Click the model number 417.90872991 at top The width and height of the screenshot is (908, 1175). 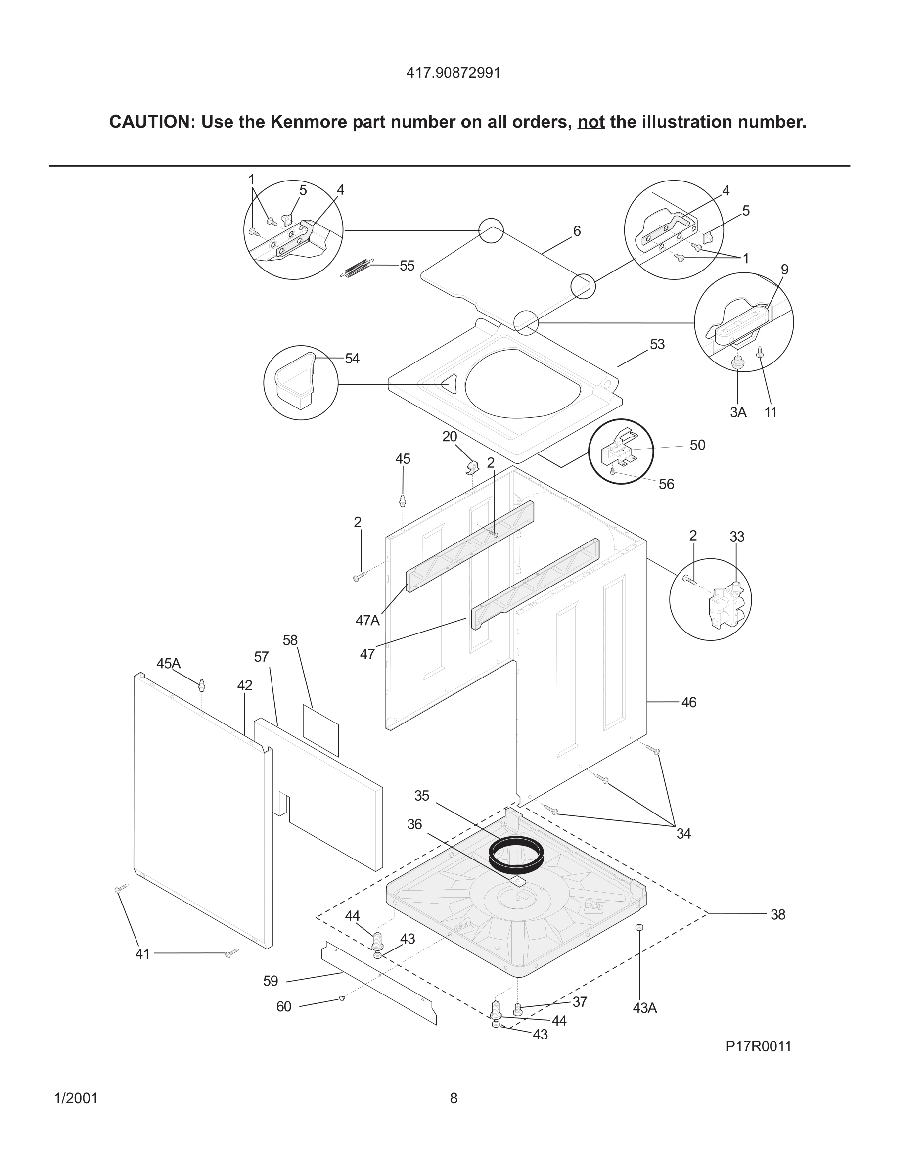453,73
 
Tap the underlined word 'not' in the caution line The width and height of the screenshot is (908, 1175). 590,122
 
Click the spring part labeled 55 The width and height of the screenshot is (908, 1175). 356,269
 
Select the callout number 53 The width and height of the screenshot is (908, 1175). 657,344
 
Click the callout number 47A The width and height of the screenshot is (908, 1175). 367,620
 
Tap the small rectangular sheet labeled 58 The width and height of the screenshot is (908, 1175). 320,730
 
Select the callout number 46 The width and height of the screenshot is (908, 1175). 688,703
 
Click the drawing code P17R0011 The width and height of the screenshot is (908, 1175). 759,1046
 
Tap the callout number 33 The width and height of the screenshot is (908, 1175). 737,537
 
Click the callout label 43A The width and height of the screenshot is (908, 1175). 644,1008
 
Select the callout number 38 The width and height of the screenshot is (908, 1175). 778,914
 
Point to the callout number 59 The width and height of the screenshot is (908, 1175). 271,981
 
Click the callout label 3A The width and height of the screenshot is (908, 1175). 738,412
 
